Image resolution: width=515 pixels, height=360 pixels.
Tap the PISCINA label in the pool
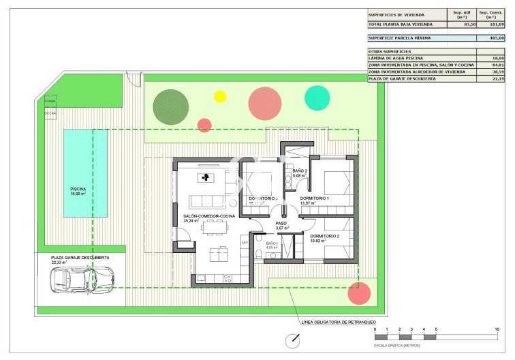click(78, 189)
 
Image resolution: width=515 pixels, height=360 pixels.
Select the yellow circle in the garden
click(220, 97)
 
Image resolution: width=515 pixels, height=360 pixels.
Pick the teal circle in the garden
click(317, 97)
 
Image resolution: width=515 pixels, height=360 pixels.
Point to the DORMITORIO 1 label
click(314, 198)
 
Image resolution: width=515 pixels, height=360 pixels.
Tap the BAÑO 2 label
click(300, 171)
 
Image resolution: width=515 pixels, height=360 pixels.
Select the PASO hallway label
click(281, 223)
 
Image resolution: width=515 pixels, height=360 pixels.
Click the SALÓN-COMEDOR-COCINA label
click(209, 215)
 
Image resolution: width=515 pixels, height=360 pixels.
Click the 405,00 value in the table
click(497, 38)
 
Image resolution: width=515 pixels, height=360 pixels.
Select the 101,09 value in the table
click(497, 24)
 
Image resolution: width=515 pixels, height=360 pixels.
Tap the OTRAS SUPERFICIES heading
click(390, 51)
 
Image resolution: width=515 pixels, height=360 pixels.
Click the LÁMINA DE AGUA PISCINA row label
click(397, 59)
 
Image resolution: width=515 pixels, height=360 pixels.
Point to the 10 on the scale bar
click(497, 329)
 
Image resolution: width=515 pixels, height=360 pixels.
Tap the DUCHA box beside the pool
click(50, 113)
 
